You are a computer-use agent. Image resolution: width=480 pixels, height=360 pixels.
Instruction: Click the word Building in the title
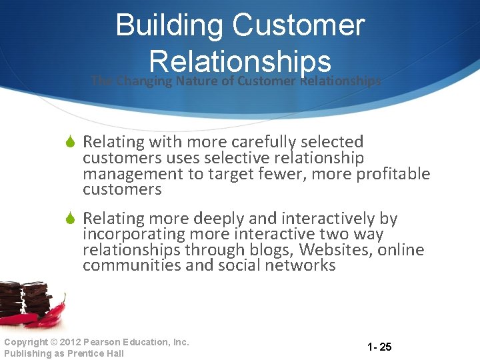tap(169, 26)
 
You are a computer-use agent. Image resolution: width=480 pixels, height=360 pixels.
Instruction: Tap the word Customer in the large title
tap(299, 26)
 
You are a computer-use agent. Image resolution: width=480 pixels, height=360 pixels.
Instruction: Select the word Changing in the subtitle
tap(144, 81)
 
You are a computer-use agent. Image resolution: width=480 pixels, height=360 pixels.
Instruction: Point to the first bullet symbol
tap(72, 142)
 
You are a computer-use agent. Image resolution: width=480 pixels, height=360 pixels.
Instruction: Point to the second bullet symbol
tap(72, 219)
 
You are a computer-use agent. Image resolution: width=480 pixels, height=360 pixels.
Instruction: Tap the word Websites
tap(335, 250)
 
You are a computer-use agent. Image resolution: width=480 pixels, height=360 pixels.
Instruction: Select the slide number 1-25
tap(379, 347)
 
